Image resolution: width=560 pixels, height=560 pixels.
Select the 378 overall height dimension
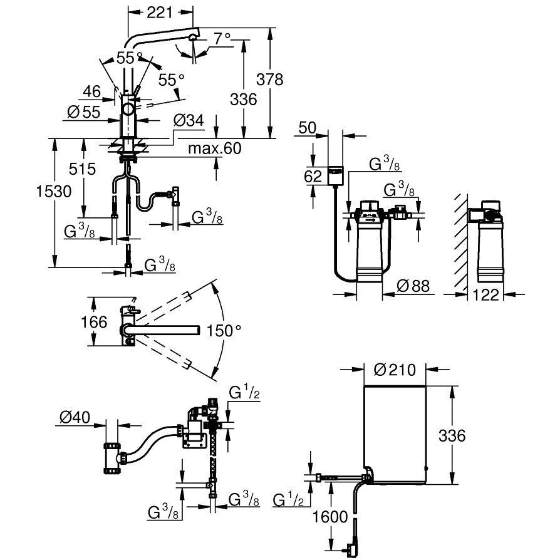click(270, 80)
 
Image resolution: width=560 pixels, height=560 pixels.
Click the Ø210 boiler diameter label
click(395, 370)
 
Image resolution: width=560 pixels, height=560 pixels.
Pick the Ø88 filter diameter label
click(414, 286)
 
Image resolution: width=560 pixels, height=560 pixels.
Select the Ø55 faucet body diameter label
click(83, 112)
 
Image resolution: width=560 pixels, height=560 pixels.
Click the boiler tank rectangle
click(395, 432)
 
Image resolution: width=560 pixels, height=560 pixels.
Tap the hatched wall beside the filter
click(461, 244)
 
